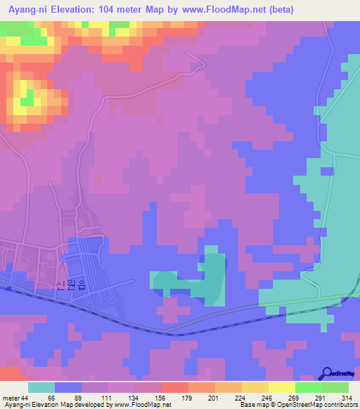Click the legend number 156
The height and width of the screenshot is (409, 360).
[x=161, y=397]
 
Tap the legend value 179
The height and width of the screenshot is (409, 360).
[x=188, y=397]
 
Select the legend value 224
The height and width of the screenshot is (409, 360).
[x=241, y=397]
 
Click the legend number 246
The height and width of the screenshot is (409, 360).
[x=268, y=397]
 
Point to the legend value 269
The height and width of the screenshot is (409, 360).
[x=295, y=397]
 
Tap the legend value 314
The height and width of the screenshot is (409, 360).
[x=347, y=397]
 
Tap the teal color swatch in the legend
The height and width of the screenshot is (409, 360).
[x=41, y=387]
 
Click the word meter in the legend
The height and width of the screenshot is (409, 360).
[x=11, y=397]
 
